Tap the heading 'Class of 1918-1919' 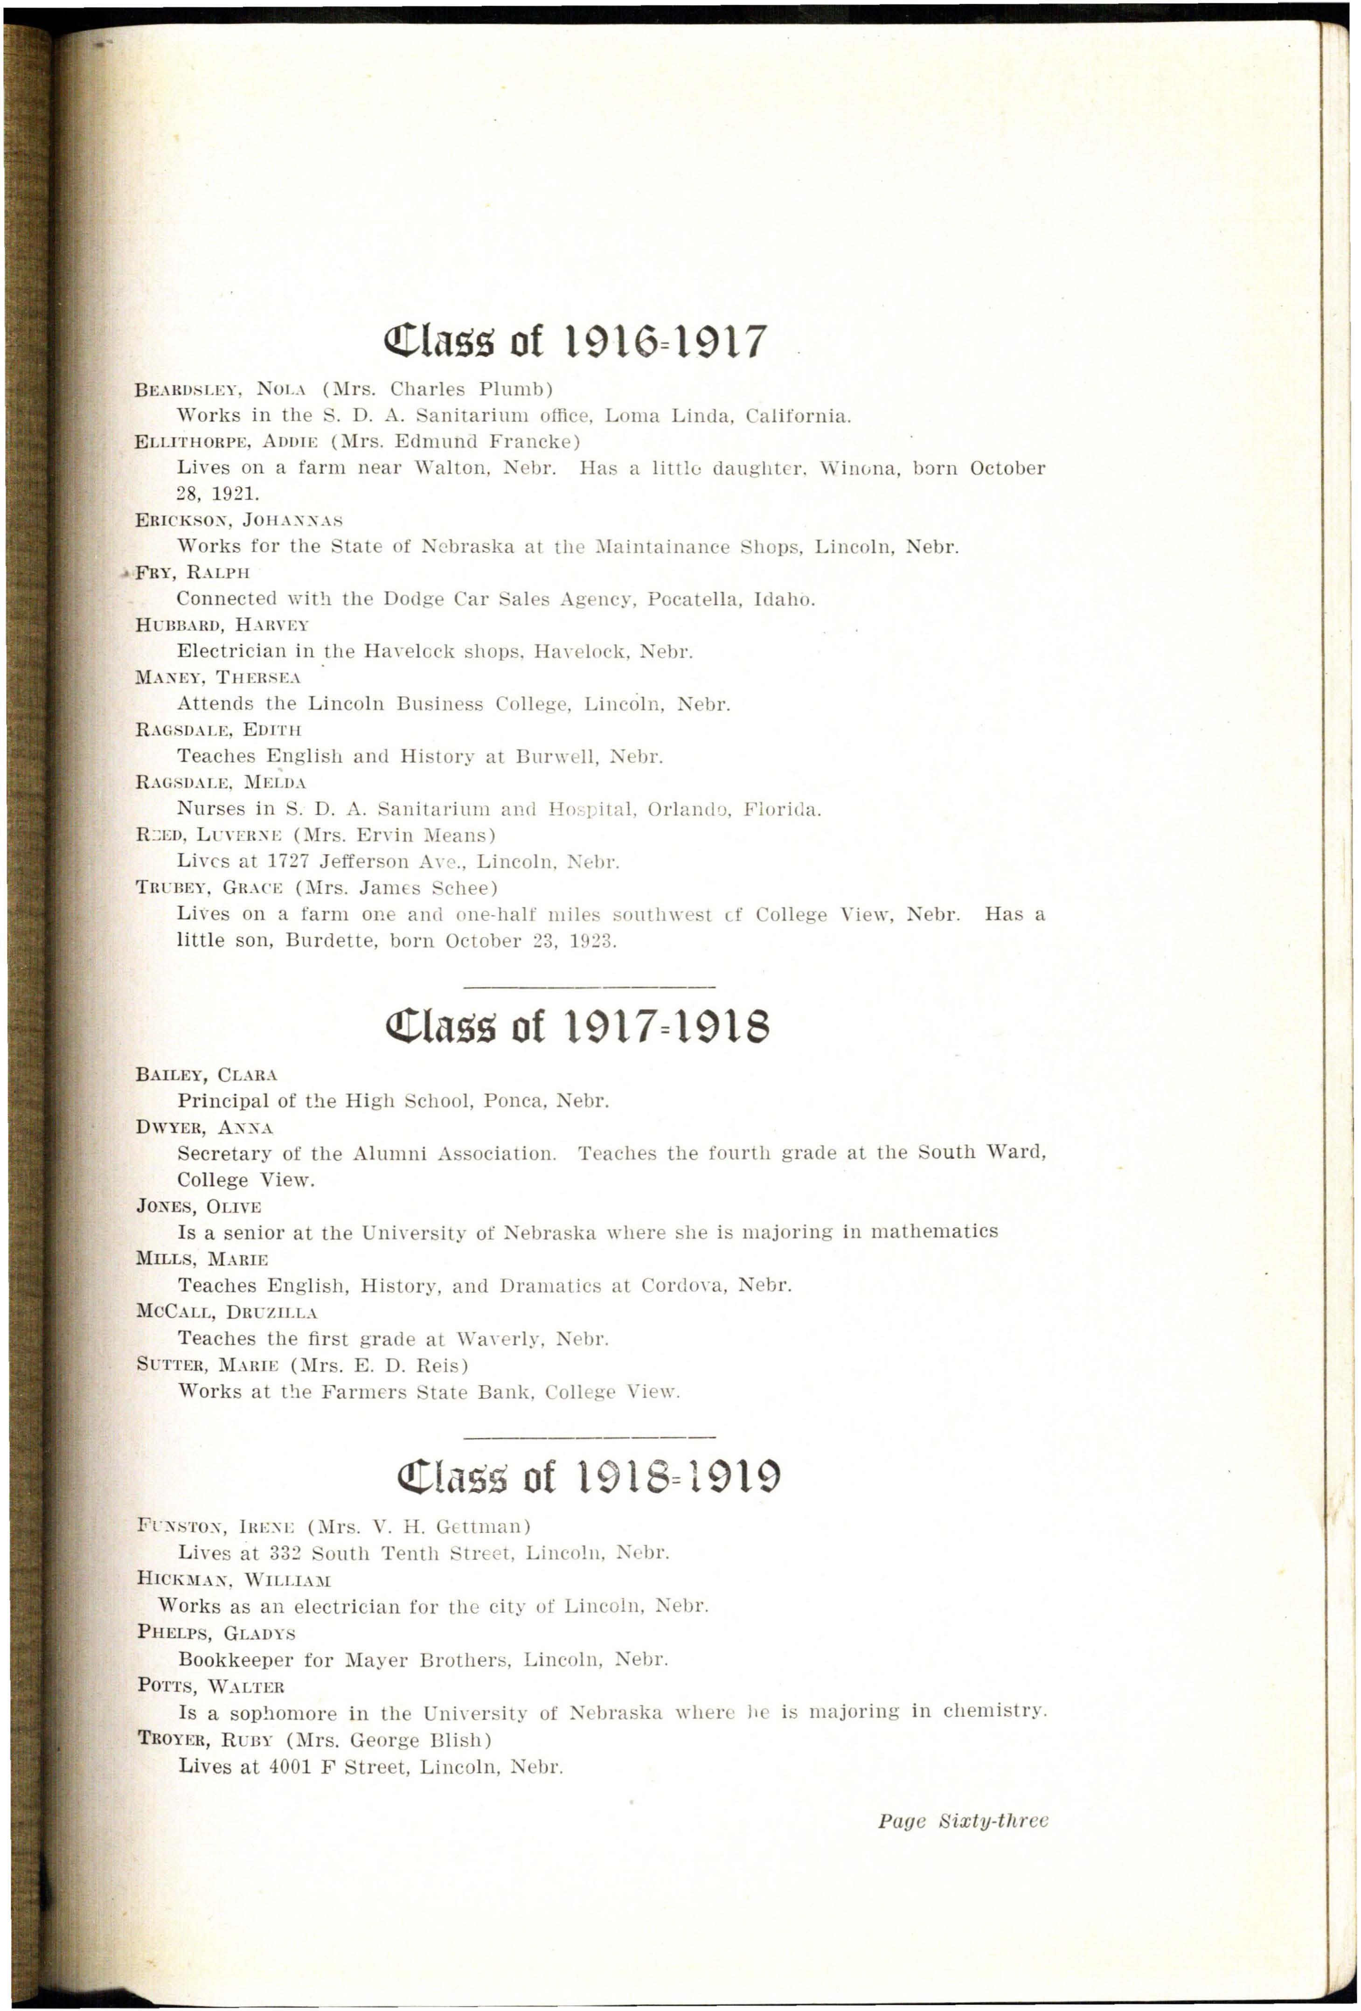(x=588, y=1477)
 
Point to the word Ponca (x=513, y=1101)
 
